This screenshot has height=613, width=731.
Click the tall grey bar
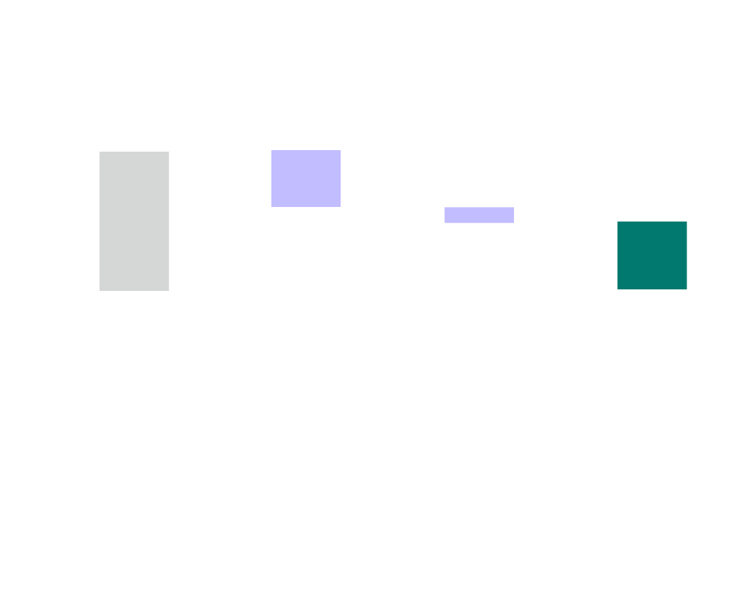(134, 221)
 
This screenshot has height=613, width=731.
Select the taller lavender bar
(306, 179)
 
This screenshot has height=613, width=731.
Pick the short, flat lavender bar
(479, 215)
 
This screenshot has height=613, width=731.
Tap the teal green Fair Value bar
(652, 255)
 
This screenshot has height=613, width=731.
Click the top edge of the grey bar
(134, 152)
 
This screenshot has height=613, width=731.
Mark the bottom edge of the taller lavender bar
(306, 207)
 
